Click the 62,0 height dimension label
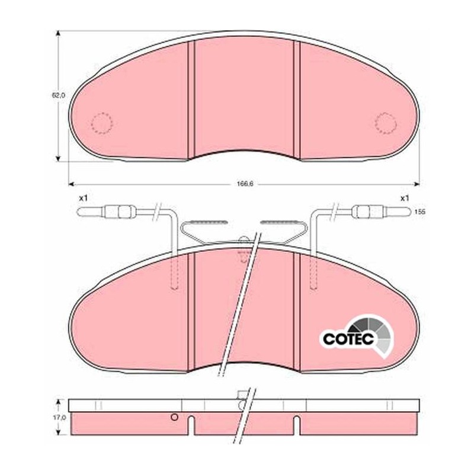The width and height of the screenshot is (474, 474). pyautogui.click(x=58, y=95)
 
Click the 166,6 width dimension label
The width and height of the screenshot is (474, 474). pyautogui.click(x=245, y=184)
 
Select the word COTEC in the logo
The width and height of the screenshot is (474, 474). pyautogui.click(x=348, y=338)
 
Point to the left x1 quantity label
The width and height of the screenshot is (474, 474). pyautogui.click(x=83, y=198)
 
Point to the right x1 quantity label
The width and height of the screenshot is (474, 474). pyautogui.click(x=405, y=198)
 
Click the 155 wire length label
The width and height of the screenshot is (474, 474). pyautogui.click(x=419, y=212)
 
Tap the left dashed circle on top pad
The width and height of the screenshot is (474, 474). pyautogui.click(x=102, y=123)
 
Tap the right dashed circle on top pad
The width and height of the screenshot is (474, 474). pyautogui.click(x=386, y=123)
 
